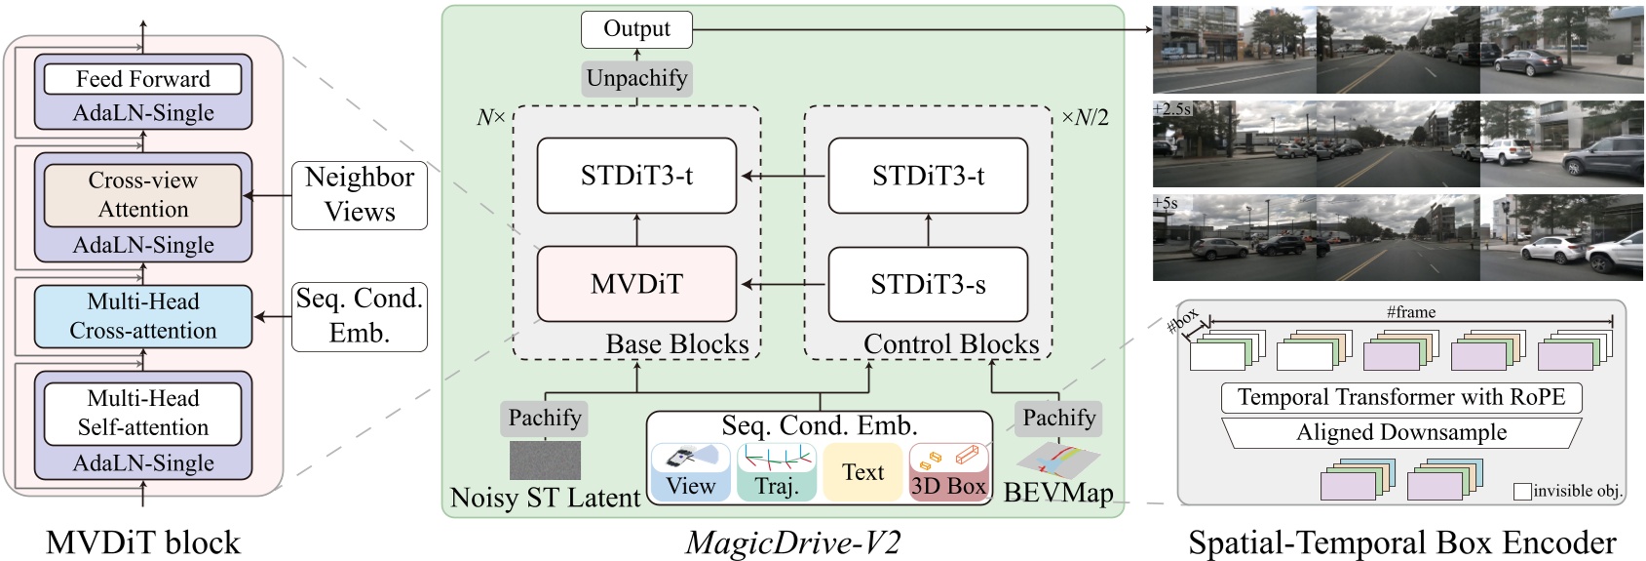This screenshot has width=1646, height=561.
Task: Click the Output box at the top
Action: coord(636,29)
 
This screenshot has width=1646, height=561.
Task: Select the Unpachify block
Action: coord(636,78)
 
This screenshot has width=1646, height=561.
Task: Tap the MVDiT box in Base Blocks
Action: coord(636,284)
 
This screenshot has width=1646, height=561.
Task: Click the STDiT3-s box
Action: coord(928,284)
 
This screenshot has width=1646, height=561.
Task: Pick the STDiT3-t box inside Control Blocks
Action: coord(928,176)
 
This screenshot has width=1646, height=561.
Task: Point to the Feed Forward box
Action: coord(143,79)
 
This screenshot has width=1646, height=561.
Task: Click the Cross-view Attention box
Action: coord(143,194)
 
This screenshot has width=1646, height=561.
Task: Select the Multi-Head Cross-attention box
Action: coord(143,316)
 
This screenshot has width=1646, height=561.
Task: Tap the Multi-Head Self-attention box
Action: coord(143,413)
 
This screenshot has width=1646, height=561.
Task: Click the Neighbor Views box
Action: coord(360,195)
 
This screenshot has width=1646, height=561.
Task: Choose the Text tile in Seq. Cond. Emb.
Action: coord(862,472)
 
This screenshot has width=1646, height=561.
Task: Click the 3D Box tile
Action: coord(948,472)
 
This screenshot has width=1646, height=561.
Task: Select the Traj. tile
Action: coord(776,472)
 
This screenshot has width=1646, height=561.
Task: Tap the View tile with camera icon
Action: coord(690,472)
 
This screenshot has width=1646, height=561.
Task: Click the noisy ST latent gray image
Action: coord(545,460)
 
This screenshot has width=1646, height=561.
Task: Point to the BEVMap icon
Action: coord(1057,460)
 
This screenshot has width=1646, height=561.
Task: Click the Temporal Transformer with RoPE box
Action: coord(1400,397)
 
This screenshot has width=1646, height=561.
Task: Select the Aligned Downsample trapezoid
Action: coord(1400,432)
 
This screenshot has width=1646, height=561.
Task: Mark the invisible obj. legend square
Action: coord(1522,492)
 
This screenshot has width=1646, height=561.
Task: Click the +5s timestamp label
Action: coord(1166,204)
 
